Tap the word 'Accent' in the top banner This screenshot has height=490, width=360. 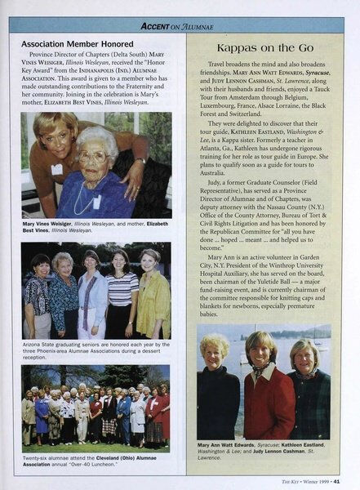click(x=155, y=25)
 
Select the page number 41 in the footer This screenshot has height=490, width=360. click(x=346, y=480)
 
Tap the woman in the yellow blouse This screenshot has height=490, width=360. click(x=153, y=290)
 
